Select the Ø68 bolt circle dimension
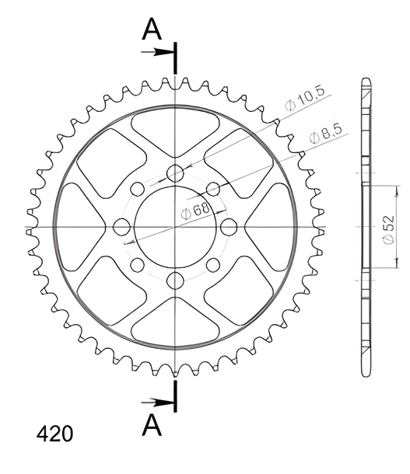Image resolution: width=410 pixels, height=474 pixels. [195, 211]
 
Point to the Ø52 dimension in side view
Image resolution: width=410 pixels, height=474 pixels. [388, 229]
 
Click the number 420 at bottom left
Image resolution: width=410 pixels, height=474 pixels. [54, 434]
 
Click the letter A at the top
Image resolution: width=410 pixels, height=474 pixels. [152, 29]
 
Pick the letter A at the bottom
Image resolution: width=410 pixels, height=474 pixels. [152, 424]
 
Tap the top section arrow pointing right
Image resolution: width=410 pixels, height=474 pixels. [157, 52]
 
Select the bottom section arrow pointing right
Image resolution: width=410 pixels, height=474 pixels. [157, 403]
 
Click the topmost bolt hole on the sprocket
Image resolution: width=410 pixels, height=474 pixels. [175, 173]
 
